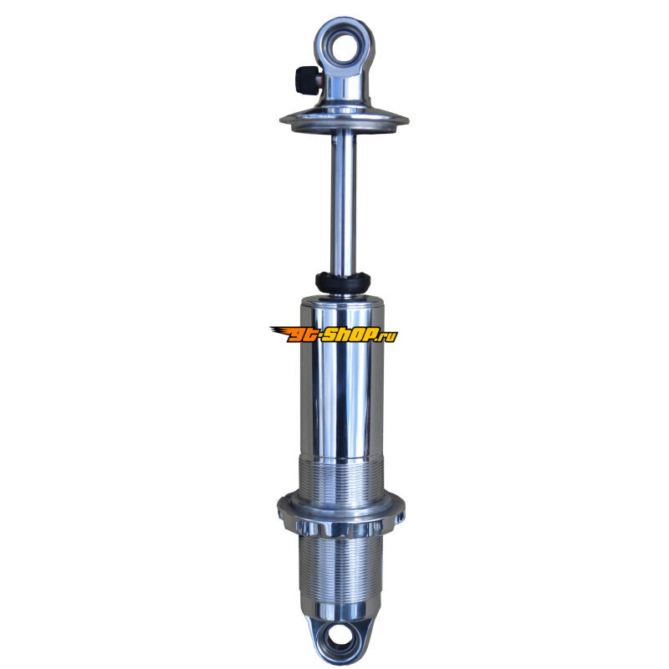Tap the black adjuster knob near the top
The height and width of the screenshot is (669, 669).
(302, 80)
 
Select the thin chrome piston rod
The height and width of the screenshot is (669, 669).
(344, 201)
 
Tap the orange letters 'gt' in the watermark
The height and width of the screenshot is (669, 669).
(298, 334)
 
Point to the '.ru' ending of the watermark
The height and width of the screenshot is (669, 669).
(386, 335)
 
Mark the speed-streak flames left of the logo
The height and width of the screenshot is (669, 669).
(279, 331)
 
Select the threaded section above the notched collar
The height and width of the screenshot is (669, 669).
(341, 478)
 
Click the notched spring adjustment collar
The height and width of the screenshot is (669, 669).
(341, 515)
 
